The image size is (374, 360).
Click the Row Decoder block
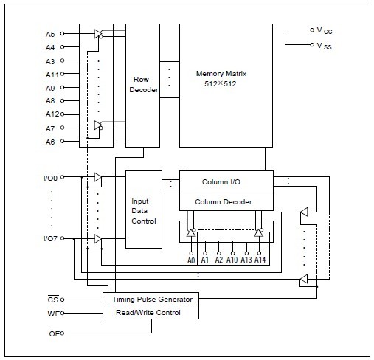pyautogui.click(x=142, y=86)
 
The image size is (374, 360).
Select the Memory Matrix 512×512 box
pyautogui.click(x=226, y=86)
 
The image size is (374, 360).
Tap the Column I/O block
pyautogui.click(x=226, y=181)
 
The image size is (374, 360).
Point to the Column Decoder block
pyautogui.click(x=226, y=201)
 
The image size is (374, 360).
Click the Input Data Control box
pyautogui.click(x=144, y=210)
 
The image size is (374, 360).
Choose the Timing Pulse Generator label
pyautogui.click(x=152, y=300)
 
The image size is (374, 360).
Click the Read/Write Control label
pyautogui.click(x=148, y=313)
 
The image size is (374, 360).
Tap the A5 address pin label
pyautogui.click(x=50, y=34)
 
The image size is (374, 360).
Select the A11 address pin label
pyautogui.click(x=52, y=75)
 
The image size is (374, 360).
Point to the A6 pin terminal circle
pyautogui.click(x=62, y=141)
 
